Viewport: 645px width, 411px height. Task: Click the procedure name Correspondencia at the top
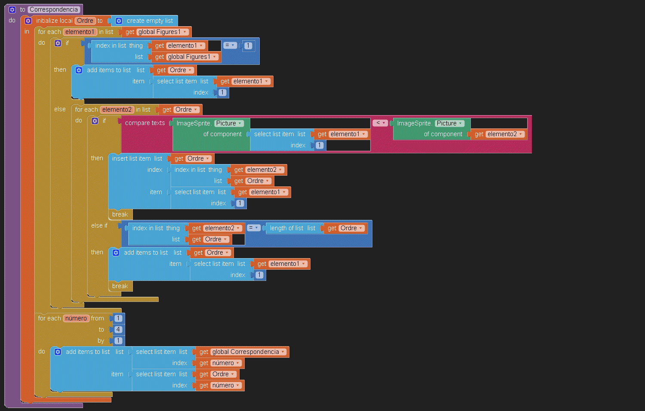tap(54, 9)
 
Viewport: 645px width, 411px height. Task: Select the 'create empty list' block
tap(149, 21)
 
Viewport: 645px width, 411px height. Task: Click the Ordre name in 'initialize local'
tap(85, 21)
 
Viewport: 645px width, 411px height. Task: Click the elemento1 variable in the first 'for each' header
tap(80, 32)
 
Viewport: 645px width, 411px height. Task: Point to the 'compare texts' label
tap(145, 123)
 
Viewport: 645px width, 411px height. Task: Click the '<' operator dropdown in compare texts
tap(381, 123)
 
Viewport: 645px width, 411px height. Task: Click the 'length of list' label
tap(286, 228)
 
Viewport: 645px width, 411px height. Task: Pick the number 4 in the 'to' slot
tap(118, 329)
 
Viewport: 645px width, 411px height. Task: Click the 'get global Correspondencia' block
tap(242, 352)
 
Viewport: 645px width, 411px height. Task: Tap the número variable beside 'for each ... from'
tap(76, 318)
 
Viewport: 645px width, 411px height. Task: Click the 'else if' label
tap(99, 225)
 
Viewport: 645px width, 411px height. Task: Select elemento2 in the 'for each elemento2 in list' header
tap(117, 110)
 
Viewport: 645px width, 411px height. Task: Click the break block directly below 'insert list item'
tap(120, 214)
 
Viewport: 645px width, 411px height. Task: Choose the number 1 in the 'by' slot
tap(118, 341)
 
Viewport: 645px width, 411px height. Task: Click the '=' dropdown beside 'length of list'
tap(254, 228)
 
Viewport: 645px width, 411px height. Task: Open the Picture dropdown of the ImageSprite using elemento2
tap(449, 123)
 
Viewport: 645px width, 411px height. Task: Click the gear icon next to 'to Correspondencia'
tap(12, 9)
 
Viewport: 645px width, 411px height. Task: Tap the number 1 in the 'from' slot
tap(118, 318)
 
